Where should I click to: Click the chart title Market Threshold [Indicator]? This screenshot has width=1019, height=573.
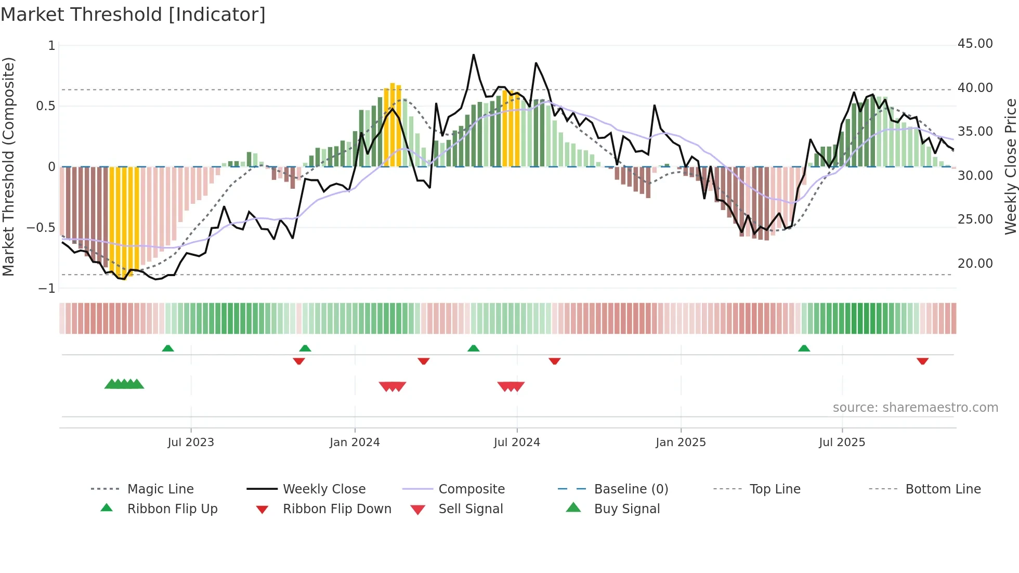(133, 15)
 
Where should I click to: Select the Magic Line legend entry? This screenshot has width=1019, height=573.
(160, 489)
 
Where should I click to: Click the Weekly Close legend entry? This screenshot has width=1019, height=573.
(324, 489)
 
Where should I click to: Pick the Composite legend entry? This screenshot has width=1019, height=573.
(471, 489)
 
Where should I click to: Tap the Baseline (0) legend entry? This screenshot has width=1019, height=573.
(631, 489)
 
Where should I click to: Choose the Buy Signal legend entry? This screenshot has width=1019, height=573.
(626, 509)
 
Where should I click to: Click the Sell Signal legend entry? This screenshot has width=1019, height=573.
(471, 509)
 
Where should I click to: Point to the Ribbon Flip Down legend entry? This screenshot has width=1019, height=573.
(337, 509)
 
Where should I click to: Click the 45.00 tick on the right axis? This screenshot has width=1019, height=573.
(975, 44)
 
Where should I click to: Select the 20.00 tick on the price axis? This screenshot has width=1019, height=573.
(975, 264)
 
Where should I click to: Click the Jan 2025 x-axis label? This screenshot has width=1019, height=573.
(681, 442)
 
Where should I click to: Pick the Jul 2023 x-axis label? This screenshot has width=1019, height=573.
(191, 442)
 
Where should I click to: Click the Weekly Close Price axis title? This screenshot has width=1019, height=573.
(1010, 166)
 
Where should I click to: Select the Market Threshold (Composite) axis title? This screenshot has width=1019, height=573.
(8, 166)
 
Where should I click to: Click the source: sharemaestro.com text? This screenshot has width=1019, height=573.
(915, 408)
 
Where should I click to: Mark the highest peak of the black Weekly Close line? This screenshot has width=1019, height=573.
(474, 55)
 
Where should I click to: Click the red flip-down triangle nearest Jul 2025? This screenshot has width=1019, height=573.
(922, 361)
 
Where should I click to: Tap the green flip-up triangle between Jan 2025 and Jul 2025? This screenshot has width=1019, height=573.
(804, 348)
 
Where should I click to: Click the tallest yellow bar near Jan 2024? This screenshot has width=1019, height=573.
(393, 125)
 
